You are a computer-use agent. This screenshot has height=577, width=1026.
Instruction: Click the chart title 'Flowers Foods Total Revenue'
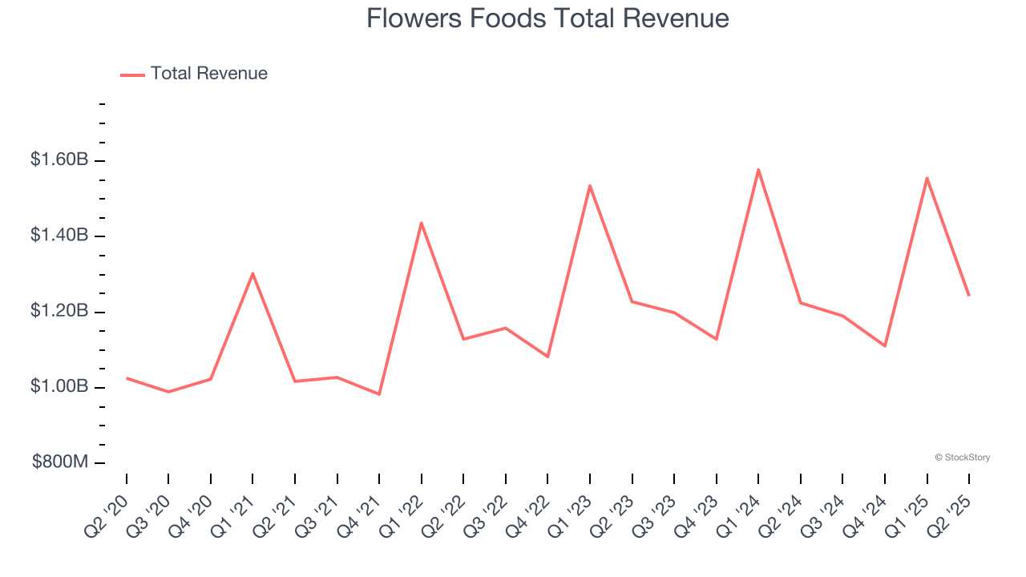tap(547, 18)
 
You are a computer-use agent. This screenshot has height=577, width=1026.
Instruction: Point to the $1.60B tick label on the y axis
tap(59, 160)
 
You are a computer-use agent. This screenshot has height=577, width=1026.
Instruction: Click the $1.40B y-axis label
tap(59, 236)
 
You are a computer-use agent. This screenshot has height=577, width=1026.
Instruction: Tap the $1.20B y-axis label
tap(59, 311)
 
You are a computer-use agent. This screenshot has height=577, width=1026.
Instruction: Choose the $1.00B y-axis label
tap(59, 386)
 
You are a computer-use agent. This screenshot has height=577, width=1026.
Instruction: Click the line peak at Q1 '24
tap(758, 169)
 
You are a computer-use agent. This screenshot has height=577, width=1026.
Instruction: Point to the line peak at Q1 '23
tap(590, 186)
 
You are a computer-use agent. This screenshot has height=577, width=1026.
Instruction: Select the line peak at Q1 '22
tap(421, 223)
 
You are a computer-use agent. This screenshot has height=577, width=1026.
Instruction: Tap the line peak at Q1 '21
tap(252, 273)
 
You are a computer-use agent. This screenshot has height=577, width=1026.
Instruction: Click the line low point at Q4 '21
tap(379, 394)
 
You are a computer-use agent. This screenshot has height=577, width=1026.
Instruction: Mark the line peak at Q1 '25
tap(927, 178)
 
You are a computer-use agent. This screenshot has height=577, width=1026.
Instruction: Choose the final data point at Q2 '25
tap(968, 296)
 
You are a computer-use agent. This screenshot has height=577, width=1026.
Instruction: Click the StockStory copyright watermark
tap(962, 458)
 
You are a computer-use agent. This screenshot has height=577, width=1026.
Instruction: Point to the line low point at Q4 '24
tap(885, 346)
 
